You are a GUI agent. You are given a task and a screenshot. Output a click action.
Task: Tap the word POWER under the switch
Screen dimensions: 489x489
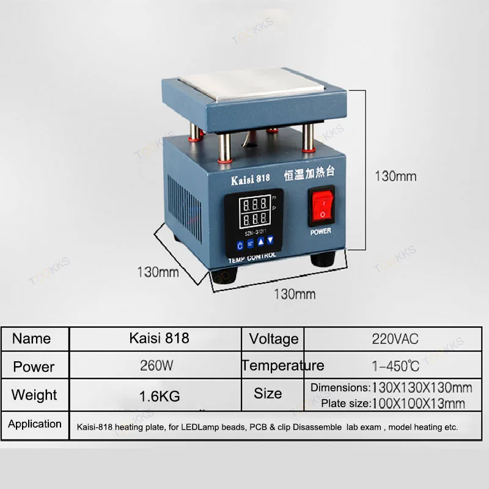(320, 232)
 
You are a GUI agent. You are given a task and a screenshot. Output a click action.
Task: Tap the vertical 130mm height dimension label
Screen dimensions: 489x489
(395, 176)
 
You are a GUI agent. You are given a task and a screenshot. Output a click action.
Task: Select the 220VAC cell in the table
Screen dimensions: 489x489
(395, 338)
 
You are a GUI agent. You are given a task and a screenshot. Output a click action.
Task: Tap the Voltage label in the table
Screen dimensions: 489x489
(274, 339)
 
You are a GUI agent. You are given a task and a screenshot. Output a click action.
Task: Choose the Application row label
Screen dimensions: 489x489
(35, 424)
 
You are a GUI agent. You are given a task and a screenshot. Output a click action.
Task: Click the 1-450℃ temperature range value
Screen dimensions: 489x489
(395, 367)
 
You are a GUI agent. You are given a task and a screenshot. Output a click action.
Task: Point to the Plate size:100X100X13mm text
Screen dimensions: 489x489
(393, 403)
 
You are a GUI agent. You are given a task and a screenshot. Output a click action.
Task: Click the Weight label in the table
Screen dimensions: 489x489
(34, 395)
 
